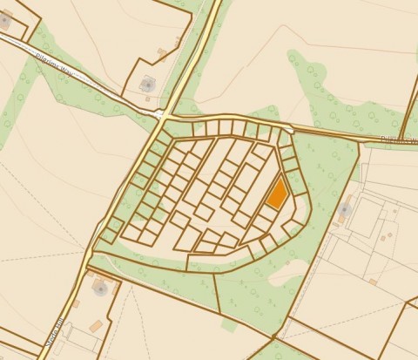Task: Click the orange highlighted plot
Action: point(276,192)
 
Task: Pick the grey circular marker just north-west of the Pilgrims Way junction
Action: point(147,85)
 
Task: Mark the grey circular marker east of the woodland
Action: point(344,210)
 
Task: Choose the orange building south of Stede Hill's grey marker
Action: point(96,325)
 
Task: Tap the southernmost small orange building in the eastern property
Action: point(372,282)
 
